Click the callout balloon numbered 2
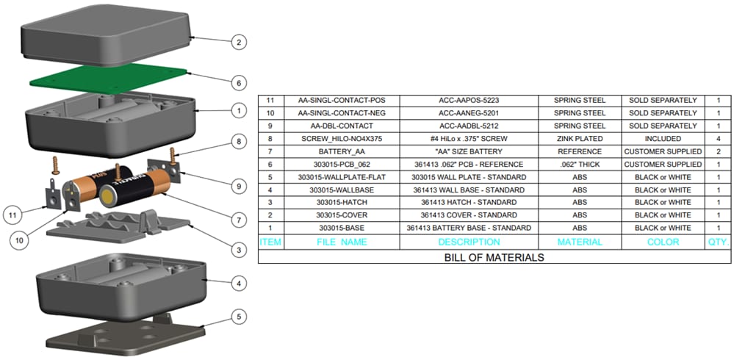click(x=237, y=42)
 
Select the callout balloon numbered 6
click(x=237, y=82)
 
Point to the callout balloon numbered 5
click(x=237, y=317)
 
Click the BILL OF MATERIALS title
click(x=494, y=257)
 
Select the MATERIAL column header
click(x=580, y=242)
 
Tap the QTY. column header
click(x=718, y=242)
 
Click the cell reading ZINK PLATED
click(x=580, y=139)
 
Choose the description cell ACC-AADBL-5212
click(x=469, y=126)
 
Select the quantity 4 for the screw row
click(x=718, y=139)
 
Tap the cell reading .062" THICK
click(x=580, y=165)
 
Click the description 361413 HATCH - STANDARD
click(x=469, y=203)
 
